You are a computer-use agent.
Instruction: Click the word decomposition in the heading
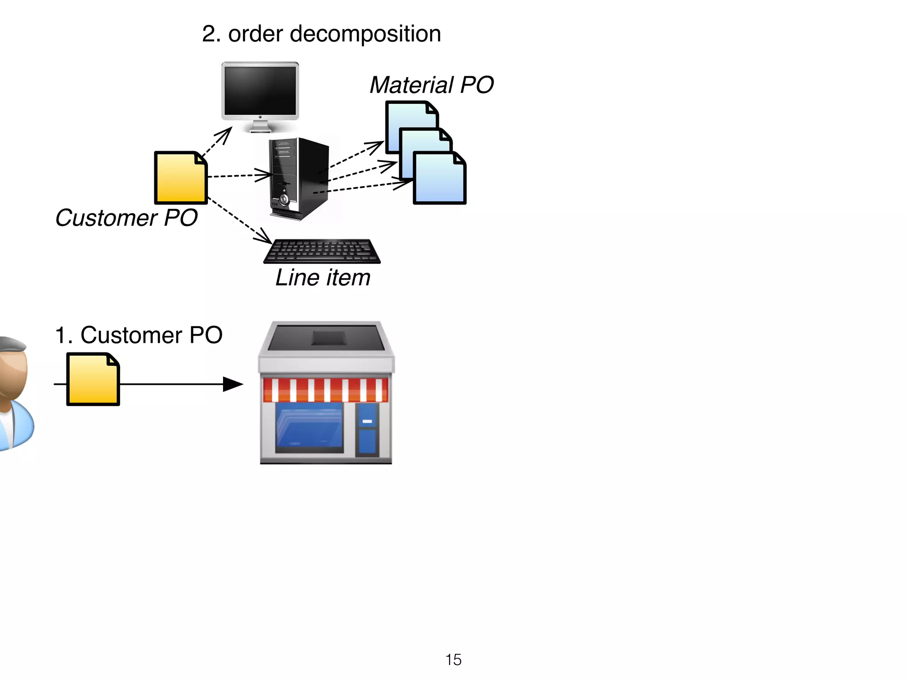pos(365,34)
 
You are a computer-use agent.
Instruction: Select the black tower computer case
pos(299,178)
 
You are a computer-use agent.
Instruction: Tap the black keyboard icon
pos(322,251)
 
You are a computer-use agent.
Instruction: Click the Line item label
pos(322,278)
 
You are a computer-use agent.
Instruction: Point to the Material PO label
pos(431,85)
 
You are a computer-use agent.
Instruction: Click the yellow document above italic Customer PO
pos(180,178)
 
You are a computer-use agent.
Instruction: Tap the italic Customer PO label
pos(126,218)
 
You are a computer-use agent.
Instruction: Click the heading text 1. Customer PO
pos(138,335)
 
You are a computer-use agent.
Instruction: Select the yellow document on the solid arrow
pos(93,380)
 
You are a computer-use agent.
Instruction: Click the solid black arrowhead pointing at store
pos(232,384)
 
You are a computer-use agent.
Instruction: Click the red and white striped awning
pos(325,390)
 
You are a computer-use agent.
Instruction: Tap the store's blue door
pos(367,429)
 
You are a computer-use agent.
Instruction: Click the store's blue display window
pos(309,426)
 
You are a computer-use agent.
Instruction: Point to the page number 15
pos(453,660)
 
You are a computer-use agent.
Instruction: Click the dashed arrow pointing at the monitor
pos(217,141)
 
